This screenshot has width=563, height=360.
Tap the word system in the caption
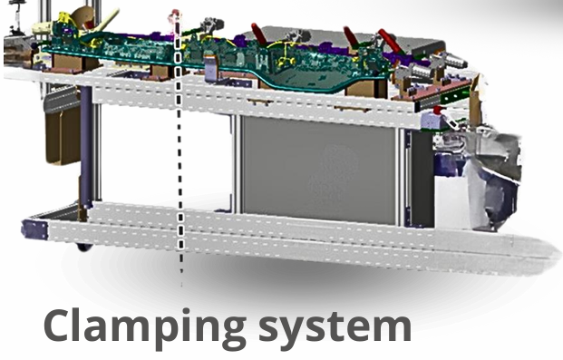coord(335,327)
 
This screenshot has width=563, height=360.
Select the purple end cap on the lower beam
coord(34,229)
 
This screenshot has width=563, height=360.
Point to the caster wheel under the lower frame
coord(84,247)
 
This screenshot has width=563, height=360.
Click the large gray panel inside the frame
coord(319,169)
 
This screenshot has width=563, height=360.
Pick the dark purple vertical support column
coord(86,145)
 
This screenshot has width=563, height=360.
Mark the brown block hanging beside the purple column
coord(62,135)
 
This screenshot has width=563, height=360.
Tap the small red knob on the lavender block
coord(437,110)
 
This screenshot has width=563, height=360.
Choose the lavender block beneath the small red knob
coord(432,121)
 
